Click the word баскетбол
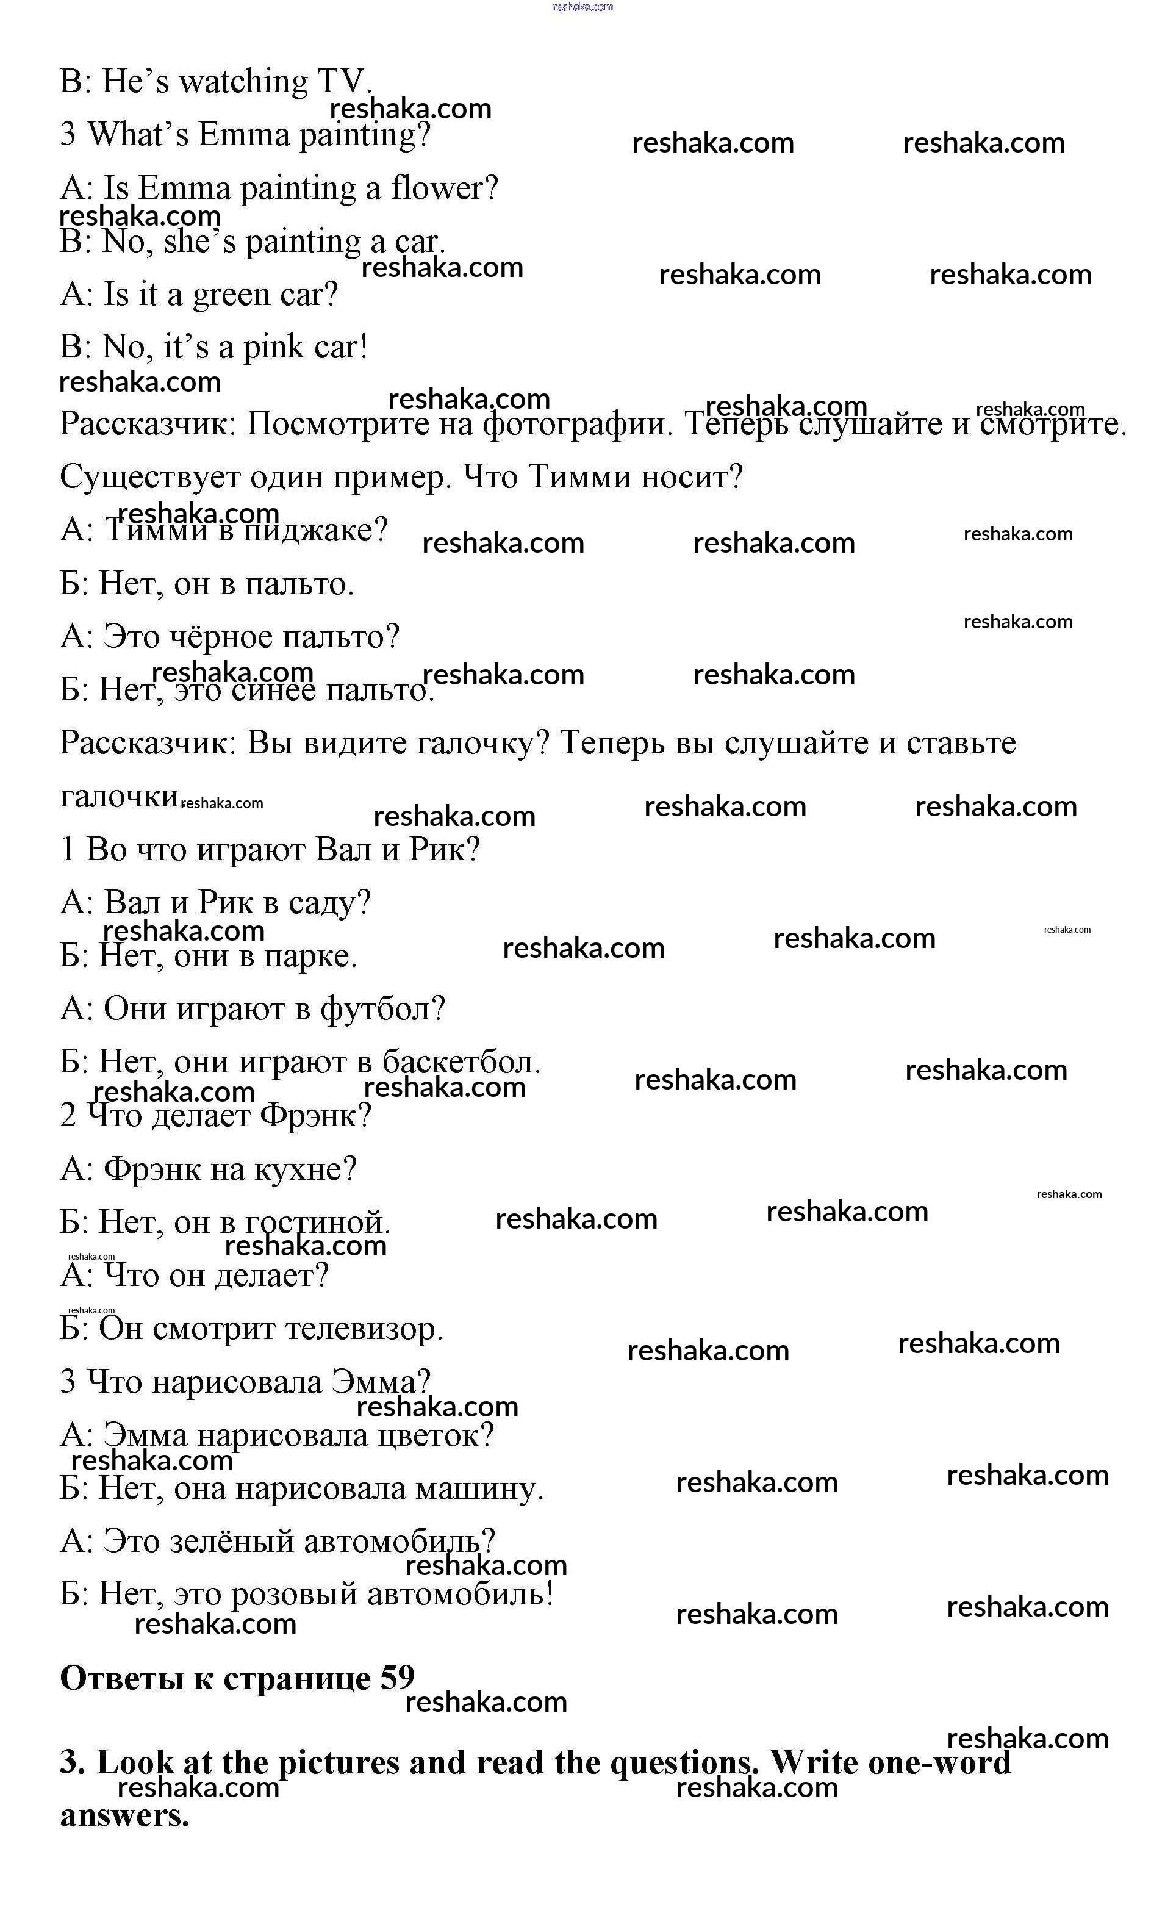point(461,1062)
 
